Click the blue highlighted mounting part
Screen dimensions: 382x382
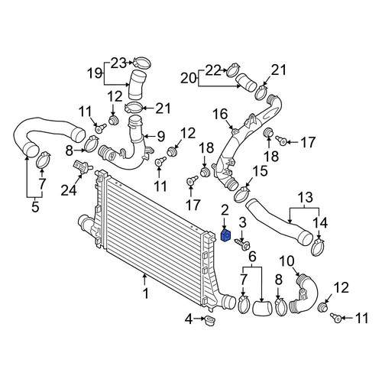coord(225,235)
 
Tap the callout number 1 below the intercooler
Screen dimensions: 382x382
coord(145,293)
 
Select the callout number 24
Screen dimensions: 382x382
coord(69,189)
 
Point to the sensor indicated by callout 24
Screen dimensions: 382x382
coord(82,167)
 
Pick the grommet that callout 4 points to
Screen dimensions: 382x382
coord(210,320)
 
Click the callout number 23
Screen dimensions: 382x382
coord(118,63)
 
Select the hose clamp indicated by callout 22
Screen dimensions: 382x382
coord(233,69)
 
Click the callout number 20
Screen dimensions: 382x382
coord(189,78)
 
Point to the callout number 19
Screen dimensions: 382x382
coord(95,73)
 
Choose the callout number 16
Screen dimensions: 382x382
coord(220,114)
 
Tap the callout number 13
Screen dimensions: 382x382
coord(306,197)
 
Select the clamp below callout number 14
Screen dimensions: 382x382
coord(319,247)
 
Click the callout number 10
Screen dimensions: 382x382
coord(287,261)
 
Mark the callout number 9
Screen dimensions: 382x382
coord(160,137)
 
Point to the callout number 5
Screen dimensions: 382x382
coord(35,206)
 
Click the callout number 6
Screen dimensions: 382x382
coord(252,257)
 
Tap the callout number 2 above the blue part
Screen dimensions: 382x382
coord(225,211)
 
